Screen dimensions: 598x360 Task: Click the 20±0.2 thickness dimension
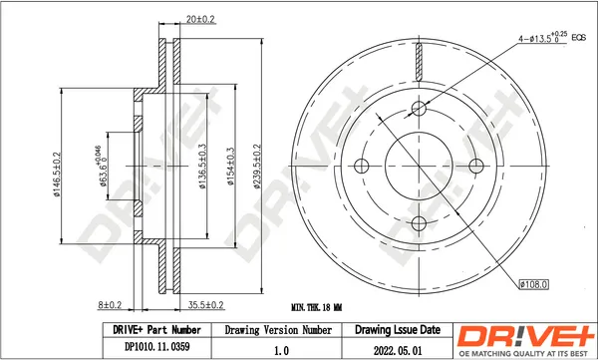[200, 19]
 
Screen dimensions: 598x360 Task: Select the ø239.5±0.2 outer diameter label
[257, 167]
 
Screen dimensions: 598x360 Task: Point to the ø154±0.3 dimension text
[230, 167]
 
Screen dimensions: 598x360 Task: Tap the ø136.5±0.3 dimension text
[202, 167]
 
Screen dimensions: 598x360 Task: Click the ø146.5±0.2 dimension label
[57, 175]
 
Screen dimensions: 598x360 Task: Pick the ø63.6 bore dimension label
[101, 167]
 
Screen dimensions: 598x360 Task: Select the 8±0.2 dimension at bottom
[110, 305]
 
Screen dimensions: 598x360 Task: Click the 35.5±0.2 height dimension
[206, 305]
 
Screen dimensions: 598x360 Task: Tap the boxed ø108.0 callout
[534, 284]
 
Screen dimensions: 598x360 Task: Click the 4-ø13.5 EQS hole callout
[551, 38]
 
